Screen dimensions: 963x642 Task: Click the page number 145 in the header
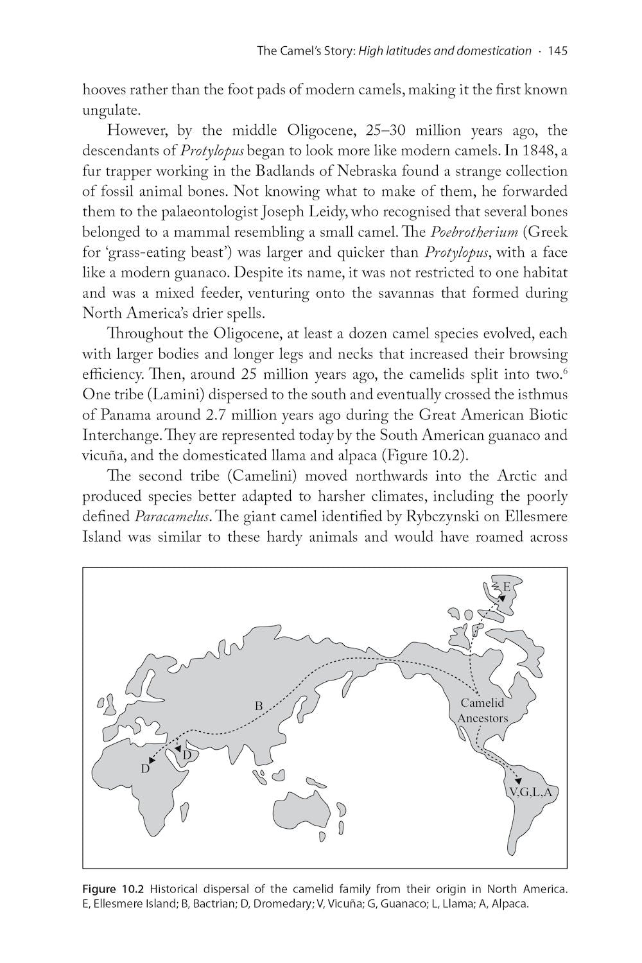pyautogui.click(x=557, y=51)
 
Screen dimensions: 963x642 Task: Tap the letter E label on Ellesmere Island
pyautogui.click(x=507, y=586)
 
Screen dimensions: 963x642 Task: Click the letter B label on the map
pyautogui.click(x=259, y=706)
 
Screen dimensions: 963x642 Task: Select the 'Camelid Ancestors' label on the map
pyautogui.click(x=482, y=710)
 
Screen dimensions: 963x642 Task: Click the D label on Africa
pyautogui.click(x=146, y=768)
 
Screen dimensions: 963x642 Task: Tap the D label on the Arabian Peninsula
pyautogui.click(x=187, y=755)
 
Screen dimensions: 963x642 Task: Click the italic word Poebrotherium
pyautogui.click(x=474, y=232)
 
